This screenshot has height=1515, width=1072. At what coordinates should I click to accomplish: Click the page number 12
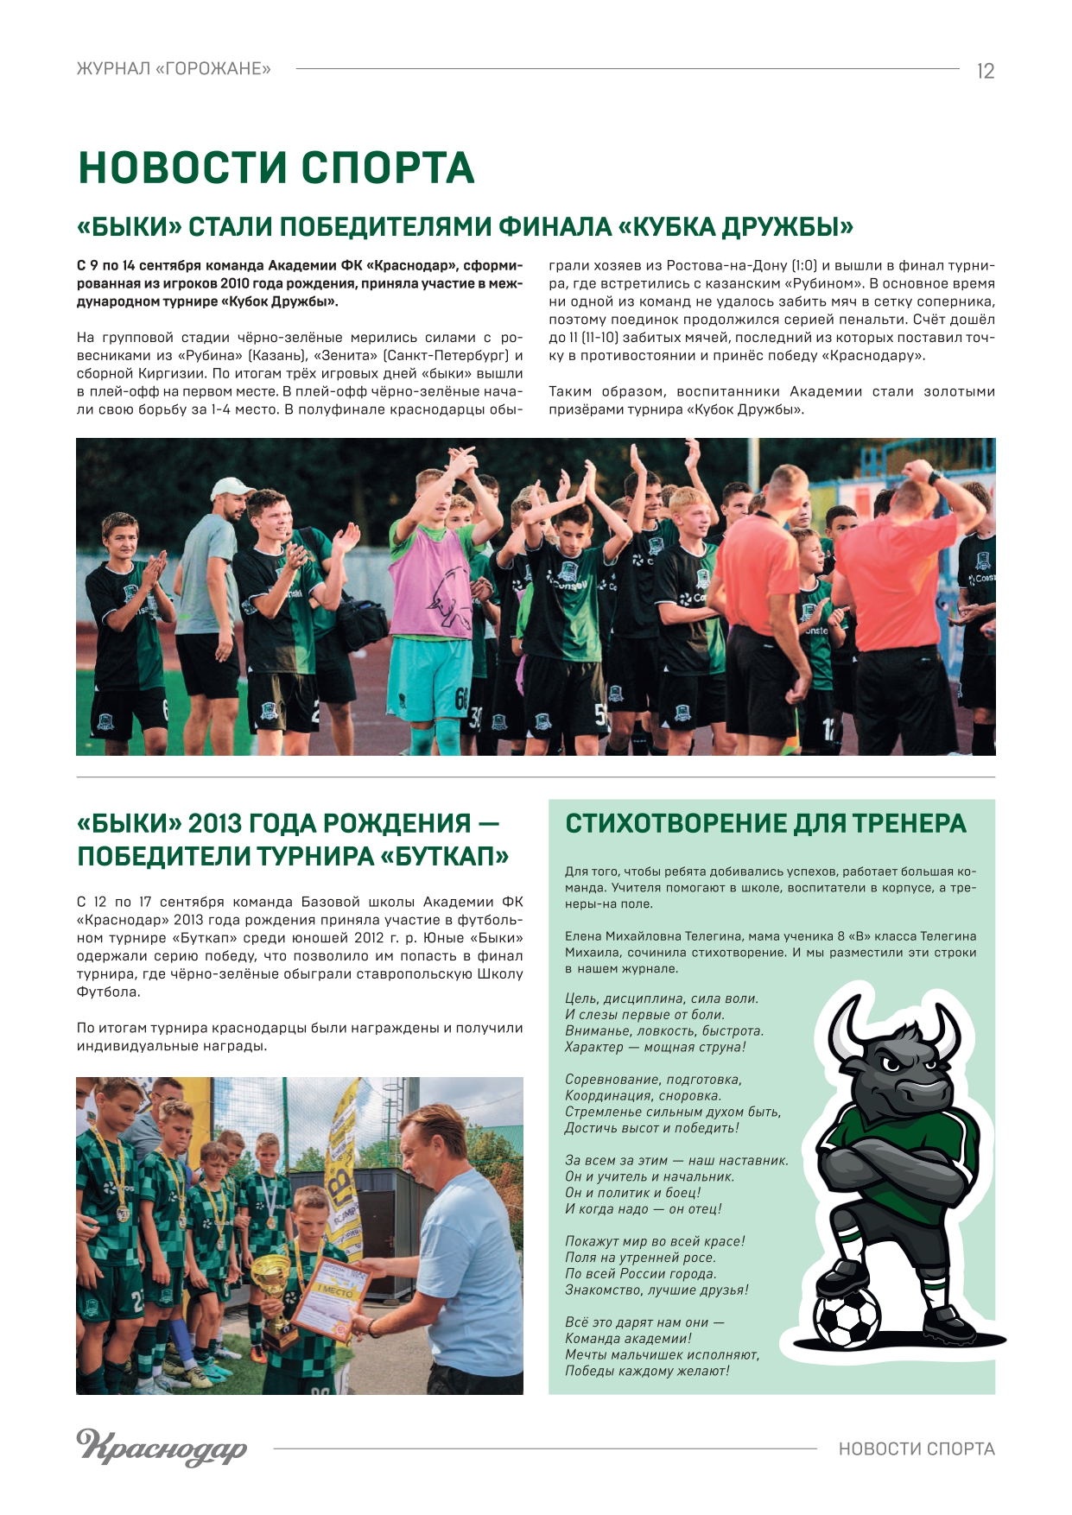(x=985, y=71)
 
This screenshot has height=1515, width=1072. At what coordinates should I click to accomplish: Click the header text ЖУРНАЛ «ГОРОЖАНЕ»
(x=174, y=69)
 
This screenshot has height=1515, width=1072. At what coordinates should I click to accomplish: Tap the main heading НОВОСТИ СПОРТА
(x=276, y=168)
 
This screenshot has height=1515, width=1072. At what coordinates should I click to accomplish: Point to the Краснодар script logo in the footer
(x=162, y=1446)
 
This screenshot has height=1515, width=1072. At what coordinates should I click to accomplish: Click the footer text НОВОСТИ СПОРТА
(x=917, y=1448)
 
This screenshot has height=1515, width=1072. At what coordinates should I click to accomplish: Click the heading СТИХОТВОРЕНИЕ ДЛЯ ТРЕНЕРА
(x=765, y=823)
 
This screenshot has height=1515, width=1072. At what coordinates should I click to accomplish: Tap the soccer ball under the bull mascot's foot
(x=847, y=1318)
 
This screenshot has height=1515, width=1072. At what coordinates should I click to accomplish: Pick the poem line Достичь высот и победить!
(x=651, y=1128)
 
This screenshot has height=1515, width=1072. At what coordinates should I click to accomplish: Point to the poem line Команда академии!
(x=628, y=1338)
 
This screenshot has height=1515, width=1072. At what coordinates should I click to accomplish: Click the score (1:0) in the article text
(x=798, y=265)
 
